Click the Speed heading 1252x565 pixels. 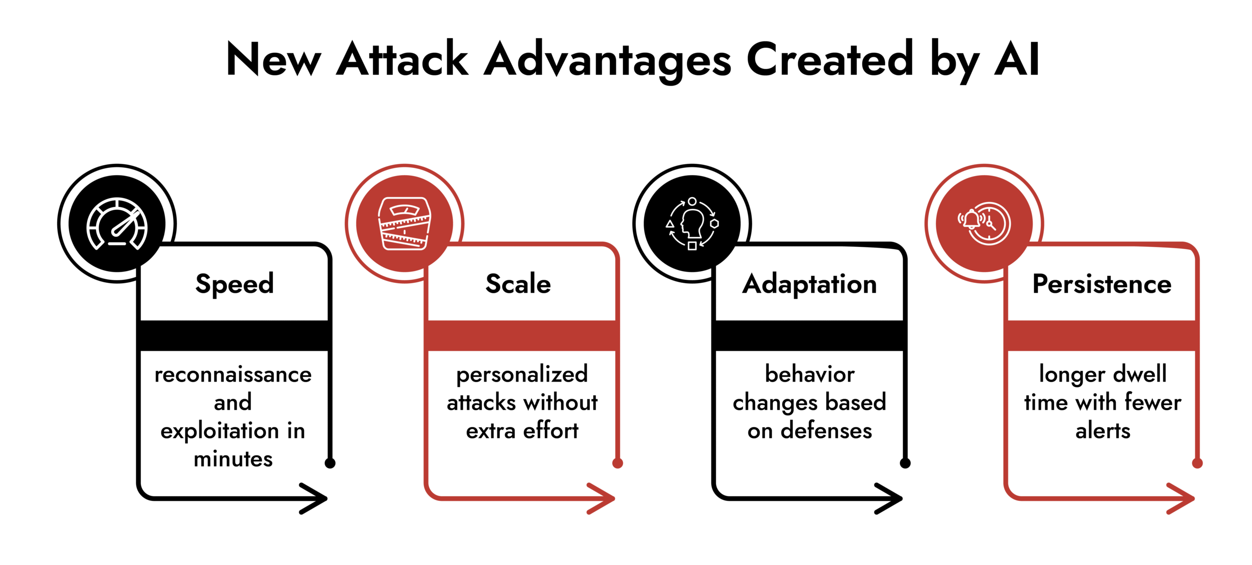(234, 284)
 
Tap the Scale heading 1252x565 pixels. (518, 284)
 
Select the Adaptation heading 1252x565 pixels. (809, 284)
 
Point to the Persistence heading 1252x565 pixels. (1102, 284)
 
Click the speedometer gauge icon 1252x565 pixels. (117, 224)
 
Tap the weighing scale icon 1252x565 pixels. (404, 224)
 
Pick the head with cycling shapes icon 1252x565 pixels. (692, 224)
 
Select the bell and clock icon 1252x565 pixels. (984, 224)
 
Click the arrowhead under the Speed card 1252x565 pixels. (315, 498)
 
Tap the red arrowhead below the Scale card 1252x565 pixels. (603, 498)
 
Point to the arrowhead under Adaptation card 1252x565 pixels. (891, 498)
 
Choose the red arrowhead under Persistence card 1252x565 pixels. (1183, 498)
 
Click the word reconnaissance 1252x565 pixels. (233, 375)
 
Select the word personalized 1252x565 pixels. (522, 375)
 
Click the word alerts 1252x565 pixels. (1102, 431)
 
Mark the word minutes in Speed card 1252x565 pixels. (233, 459)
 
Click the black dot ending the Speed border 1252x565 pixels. (330, 463)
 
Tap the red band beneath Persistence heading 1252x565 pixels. (1102, 336)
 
